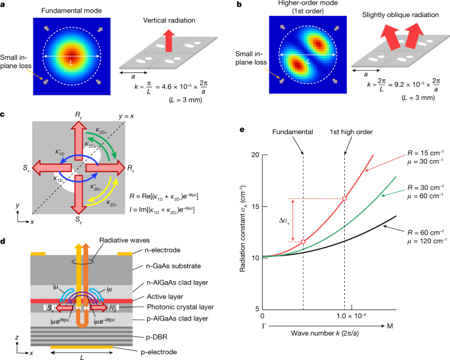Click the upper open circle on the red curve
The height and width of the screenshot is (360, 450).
pyautogui.click(x=346, y=198)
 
